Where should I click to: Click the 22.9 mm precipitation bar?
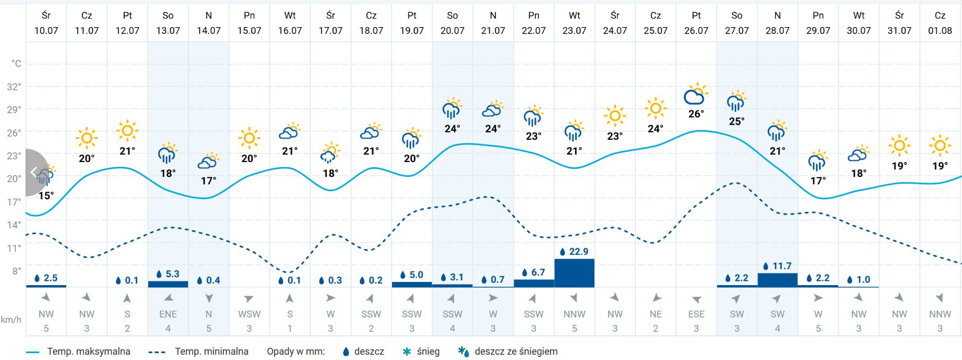coord(574,273)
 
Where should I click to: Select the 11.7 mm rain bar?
coord(777,280)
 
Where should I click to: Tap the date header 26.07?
coord(696,30)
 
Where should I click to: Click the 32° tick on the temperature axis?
coord(14,87)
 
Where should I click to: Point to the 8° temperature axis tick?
coord(16,271)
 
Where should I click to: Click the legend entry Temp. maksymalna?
coord(88,352)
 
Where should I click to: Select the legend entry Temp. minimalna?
coord(211,352)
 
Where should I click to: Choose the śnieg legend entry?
coord(428,352)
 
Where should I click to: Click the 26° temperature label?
coord(696,114)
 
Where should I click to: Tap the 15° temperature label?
coord(46,195)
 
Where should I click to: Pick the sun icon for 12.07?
coord(127,130)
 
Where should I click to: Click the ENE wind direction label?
coord(168,314)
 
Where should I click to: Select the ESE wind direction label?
coord(696,314)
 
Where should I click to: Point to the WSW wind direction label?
coord(249,314)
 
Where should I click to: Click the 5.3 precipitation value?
coord(172,274)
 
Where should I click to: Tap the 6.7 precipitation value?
coord(538,272)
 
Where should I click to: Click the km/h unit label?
coord(11,320)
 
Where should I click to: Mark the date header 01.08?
coord(940,30)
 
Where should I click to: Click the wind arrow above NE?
coord(655,298)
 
